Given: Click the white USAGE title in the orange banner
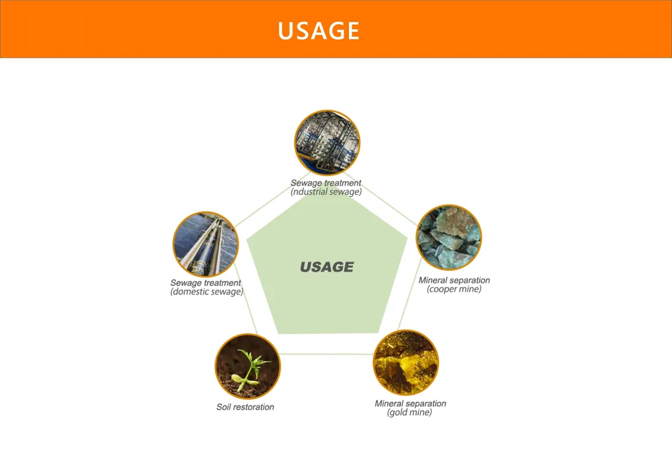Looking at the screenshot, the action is click(x=319, y=30).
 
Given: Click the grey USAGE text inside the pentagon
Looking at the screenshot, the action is click(x=327, y=267).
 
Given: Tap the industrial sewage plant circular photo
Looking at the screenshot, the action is click(x=327, y=143).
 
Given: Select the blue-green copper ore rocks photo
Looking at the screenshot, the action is click(x=449, y=237).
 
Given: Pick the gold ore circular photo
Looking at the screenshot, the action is click(x=406, y=362).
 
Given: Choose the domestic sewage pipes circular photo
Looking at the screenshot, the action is click(x=206, y=244).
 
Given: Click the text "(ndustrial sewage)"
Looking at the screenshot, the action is click(x=326, y=192).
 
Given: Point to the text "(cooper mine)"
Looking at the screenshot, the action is click(x=454, y=289).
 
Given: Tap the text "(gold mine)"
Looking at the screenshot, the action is click(x=409, y=412).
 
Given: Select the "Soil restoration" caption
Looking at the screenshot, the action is click(x=245, y=407).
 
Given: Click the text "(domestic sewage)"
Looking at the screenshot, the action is click(x=207, y=292).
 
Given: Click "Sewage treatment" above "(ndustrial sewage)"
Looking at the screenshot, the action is click(x=326, y=183).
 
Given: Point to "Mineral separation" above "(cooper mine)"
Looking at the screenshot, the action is click(x=454, y=280).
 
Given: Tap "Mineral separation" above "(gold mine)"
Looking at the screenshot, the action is click(x=410, y=404).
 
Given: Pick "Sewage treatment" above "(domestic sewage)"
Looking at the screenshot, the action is click(x=206, y=283).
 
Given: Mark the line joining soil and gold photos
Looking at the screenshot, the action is click(x=327, y=354).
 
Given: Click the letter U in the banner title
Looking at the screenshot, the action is click(x=286, y=31).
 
